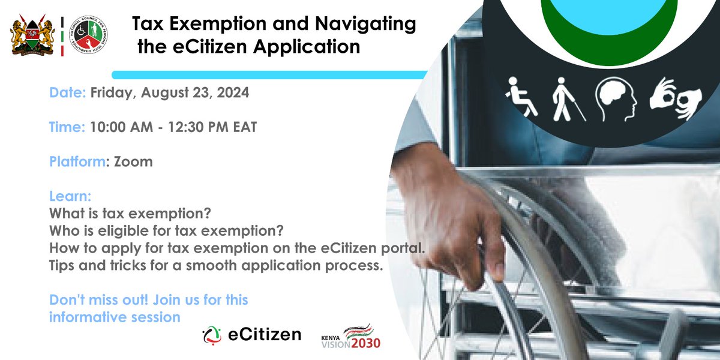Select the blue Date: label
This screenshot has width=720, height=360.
68,94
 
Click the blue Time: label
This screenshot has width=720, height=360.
67,127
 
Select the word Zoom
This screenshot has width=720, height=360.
136,161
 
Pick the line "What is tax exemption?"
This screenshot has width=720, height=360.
131,214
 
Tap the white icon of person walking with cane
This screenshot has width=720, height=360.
562,97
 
